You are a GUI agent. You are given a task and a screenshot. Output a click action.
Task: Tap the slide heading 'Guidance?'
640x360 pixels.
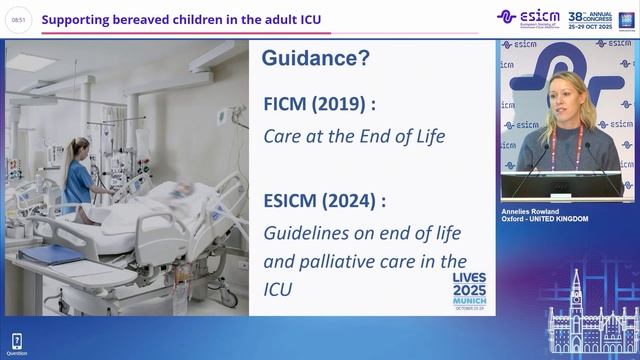(316, 59)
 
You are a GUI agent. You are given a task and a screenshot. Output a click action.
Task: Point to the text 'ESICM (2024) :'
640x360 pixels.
(324, 200)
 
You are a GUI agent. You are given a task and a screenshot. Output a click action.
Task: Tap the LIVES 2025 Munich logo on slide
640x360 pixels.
(463, 291)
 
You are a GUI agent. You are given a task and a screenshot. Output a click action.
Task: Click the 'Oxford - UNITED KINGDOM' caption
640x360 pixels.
(545, 219)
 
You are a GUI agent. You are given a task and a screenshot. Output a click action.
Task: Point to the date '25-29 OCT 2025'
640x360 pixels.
(591, 25)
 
